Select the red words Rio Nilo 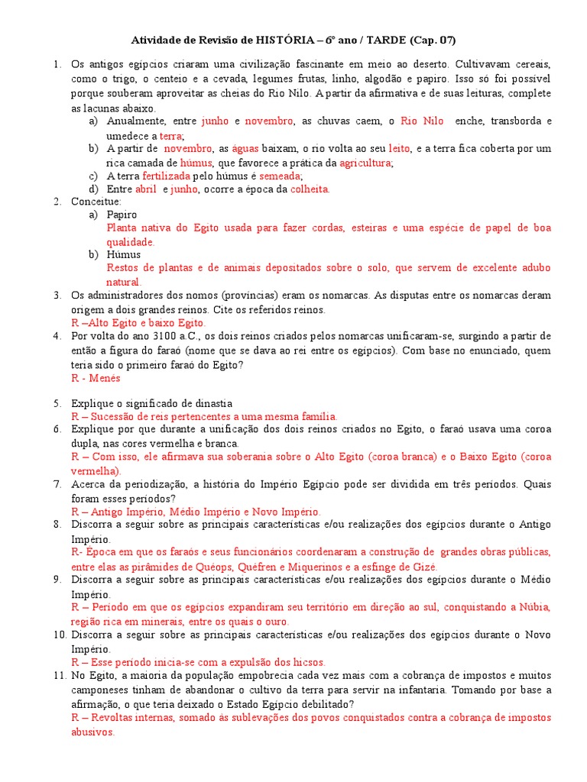click(x=422, y=121)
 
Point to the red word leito click(x=400, y=148)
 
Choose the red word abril click(x=146, y=189)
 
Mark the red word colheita click(x=310, y=189)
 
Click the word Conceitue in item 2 click(x=94, y=202)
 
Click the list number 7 click(x=57, y=484)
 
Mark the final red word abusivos click(x=92, y=731)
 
